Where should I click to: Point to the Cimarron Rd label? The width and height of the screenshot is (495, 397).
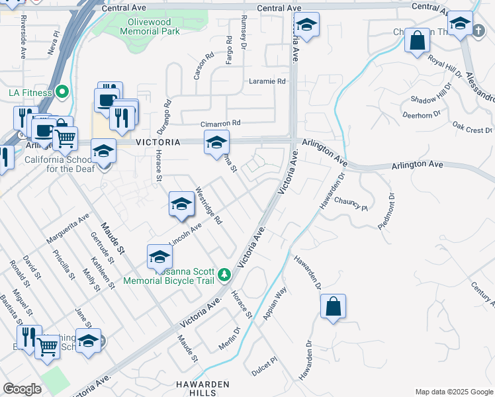point(220,123)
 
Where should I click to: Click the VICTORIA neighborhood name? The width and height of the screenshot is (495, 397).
point(157,142)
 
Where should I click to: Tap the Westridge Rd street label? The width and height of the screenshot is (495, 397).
point(208,205)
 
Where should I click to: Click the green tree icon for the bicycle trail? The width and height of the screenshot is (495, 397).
point(224,274)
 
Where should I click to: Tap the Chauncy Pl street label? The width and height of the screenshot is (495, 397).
point(350,204)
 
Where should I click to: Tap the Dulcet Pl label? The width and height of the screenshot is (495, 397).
point(264,368)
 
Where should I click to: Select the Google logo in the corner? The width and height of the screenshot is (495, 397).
point(22,389)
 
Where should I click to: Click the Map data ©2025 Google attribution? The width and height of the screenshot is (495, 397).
point(453,391)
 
